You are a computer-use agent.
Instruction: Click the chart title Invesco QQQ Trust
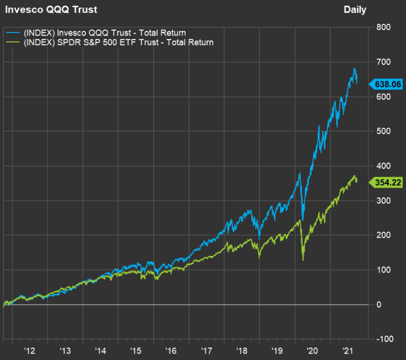(x=51, y=10)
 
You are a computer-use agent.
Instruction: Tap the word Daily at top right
(x=355, y=10)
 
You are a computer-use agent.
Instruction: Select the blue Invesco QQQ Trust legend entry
(x=96, y=33)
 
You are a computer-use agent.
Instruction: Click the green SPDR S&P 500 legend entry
(x=110, y=42)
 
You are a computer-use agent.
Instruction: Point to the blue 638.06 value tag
(x=386, y=84)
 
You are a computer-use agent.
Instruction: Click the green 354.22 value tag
(x=386, y=182)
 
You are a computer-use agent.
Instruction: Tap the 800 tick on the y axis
(x=383, y=27)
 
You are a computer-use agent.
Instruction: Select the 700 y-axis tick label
(x=383, y=62)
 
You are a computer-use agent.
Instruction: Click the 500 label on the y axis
(x=383, y=131)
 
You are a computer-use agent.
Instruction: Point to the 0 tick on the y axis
(x=379, y=304)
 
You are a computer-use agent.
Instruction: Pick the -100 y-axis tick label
(x=385, y=339)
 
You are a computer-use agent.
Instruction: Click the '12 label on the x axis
(x=30, y=351)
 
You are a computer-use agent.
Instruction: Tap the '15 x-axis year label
(x=135, y=351)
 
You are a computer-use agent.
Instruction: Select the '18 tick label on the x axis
(x=242, y=351)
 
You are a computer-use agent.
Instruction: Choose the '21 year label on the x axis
(x=347, y=351)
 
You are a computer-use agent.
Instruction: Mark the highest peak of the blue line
(x=354, y=69)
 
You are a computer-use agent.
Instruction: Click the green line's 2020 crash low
(x=303, y=260)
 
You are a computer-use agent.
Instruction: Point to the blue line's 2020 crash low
(x=303, y=220)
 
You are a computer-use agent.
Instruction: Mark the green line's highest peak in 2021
(x=354, y=176)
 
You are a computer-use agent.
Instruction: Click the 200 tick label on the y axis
(x=383, y=235)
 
